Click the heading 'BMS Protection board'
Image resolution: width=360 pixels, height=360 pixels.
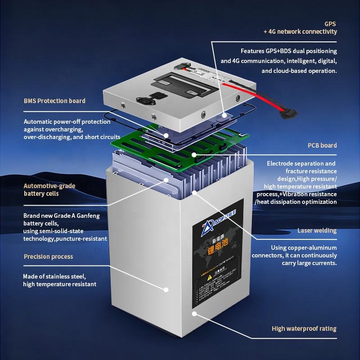click(54, 101)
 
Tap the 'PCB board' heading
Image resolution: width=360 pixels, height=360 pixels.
click(322, 145)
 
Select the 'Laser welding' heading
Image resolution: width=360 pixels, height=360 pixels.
click(317, 230)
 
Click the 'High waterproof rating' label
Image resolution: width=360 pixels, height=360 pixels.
click(304, 328)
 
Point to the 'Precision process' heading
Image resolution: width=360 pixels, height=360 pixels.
click(48, 256)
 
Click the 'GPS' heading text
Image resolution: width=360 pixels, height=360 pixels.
click(330, 23)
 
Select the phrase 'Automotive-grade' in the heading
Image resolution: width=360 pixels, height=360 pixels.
click(49, 186)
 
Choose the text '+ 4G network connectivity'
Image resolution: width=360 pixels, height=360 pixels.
click(300, 31)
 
